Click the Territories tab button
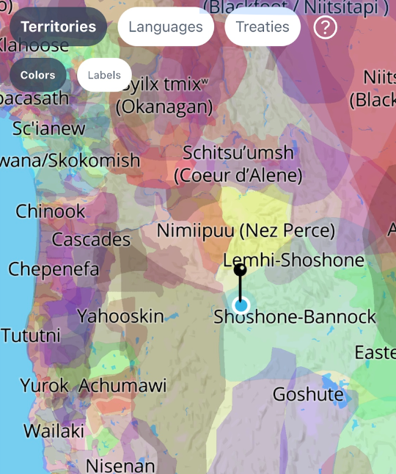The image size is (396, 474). click(59, 27)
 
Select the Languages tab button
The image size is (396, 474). click(166, 27)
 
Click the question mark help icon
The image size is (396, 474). click(325, 28)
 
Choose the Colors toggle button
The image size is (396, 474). click(38, 75)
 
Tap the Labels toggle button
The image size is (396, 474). click(104, 75)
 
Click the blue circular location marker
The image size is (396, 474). click(241, 305)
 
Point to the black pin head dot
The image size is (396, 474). click(240, 269)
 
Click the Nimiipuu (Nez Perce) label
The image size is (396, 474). click(246, 231)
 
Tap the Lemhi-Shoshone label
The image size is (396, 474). click(293, 260)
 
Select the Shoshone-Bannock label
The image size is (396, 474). click(295, 317)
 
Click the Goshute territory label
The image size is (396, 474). click(308, 395)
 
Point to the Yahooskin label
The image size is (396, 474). click(120, 316)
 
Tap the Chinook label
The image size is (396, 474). click(51, 212)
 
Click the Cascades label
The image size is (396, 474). click(91, 240)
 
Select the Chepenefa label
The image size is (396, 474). click(54, 269)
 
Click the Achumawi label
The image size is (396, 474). click(122, 385)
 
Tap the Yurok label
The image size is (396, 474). click(44, 385)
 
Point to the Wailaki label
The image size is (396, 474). click(54, 431)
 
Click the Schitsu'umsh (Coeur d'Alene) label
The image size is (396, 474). click(238, 164)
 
